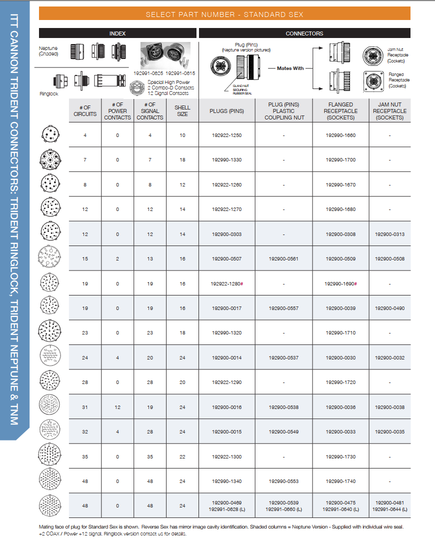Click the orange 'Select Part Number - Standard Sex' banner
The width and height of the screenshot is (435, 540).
point(224,14)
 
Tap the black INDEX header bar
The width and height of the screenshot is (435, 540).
point(117,33)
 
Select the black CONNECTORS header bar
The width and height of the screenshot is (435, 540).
point(304,33)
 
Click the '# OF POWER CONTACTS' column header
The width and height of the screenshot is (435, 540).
point(117,111)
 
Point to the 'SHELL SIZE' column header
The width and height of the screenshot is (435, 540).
point(182,111)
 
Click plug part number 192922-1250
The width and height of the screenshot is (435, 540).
point(226,135)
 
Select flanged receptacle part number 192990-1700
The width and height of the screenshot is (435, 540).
point(340,160)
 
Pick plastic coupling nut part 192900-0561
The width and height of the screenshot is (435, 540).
point(283,259)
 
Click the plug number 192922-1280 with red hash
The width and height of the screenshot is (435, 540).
point(226,284)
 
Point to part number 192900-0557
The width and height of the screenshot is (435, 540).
point(283,308)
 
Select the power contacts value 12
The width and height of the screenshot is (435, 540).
point(117,407)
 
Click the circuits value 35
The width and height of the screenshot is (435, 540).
point(85,457)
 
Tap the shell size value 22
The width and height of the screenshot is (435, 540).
point(182,457)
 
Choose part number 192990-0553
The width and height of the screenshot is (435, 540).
point(283,481)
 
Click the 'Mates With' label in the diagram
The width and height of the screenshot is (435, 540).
point(290,68)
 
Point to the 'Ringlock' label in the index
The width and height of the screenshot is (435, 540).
point(49,93)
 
